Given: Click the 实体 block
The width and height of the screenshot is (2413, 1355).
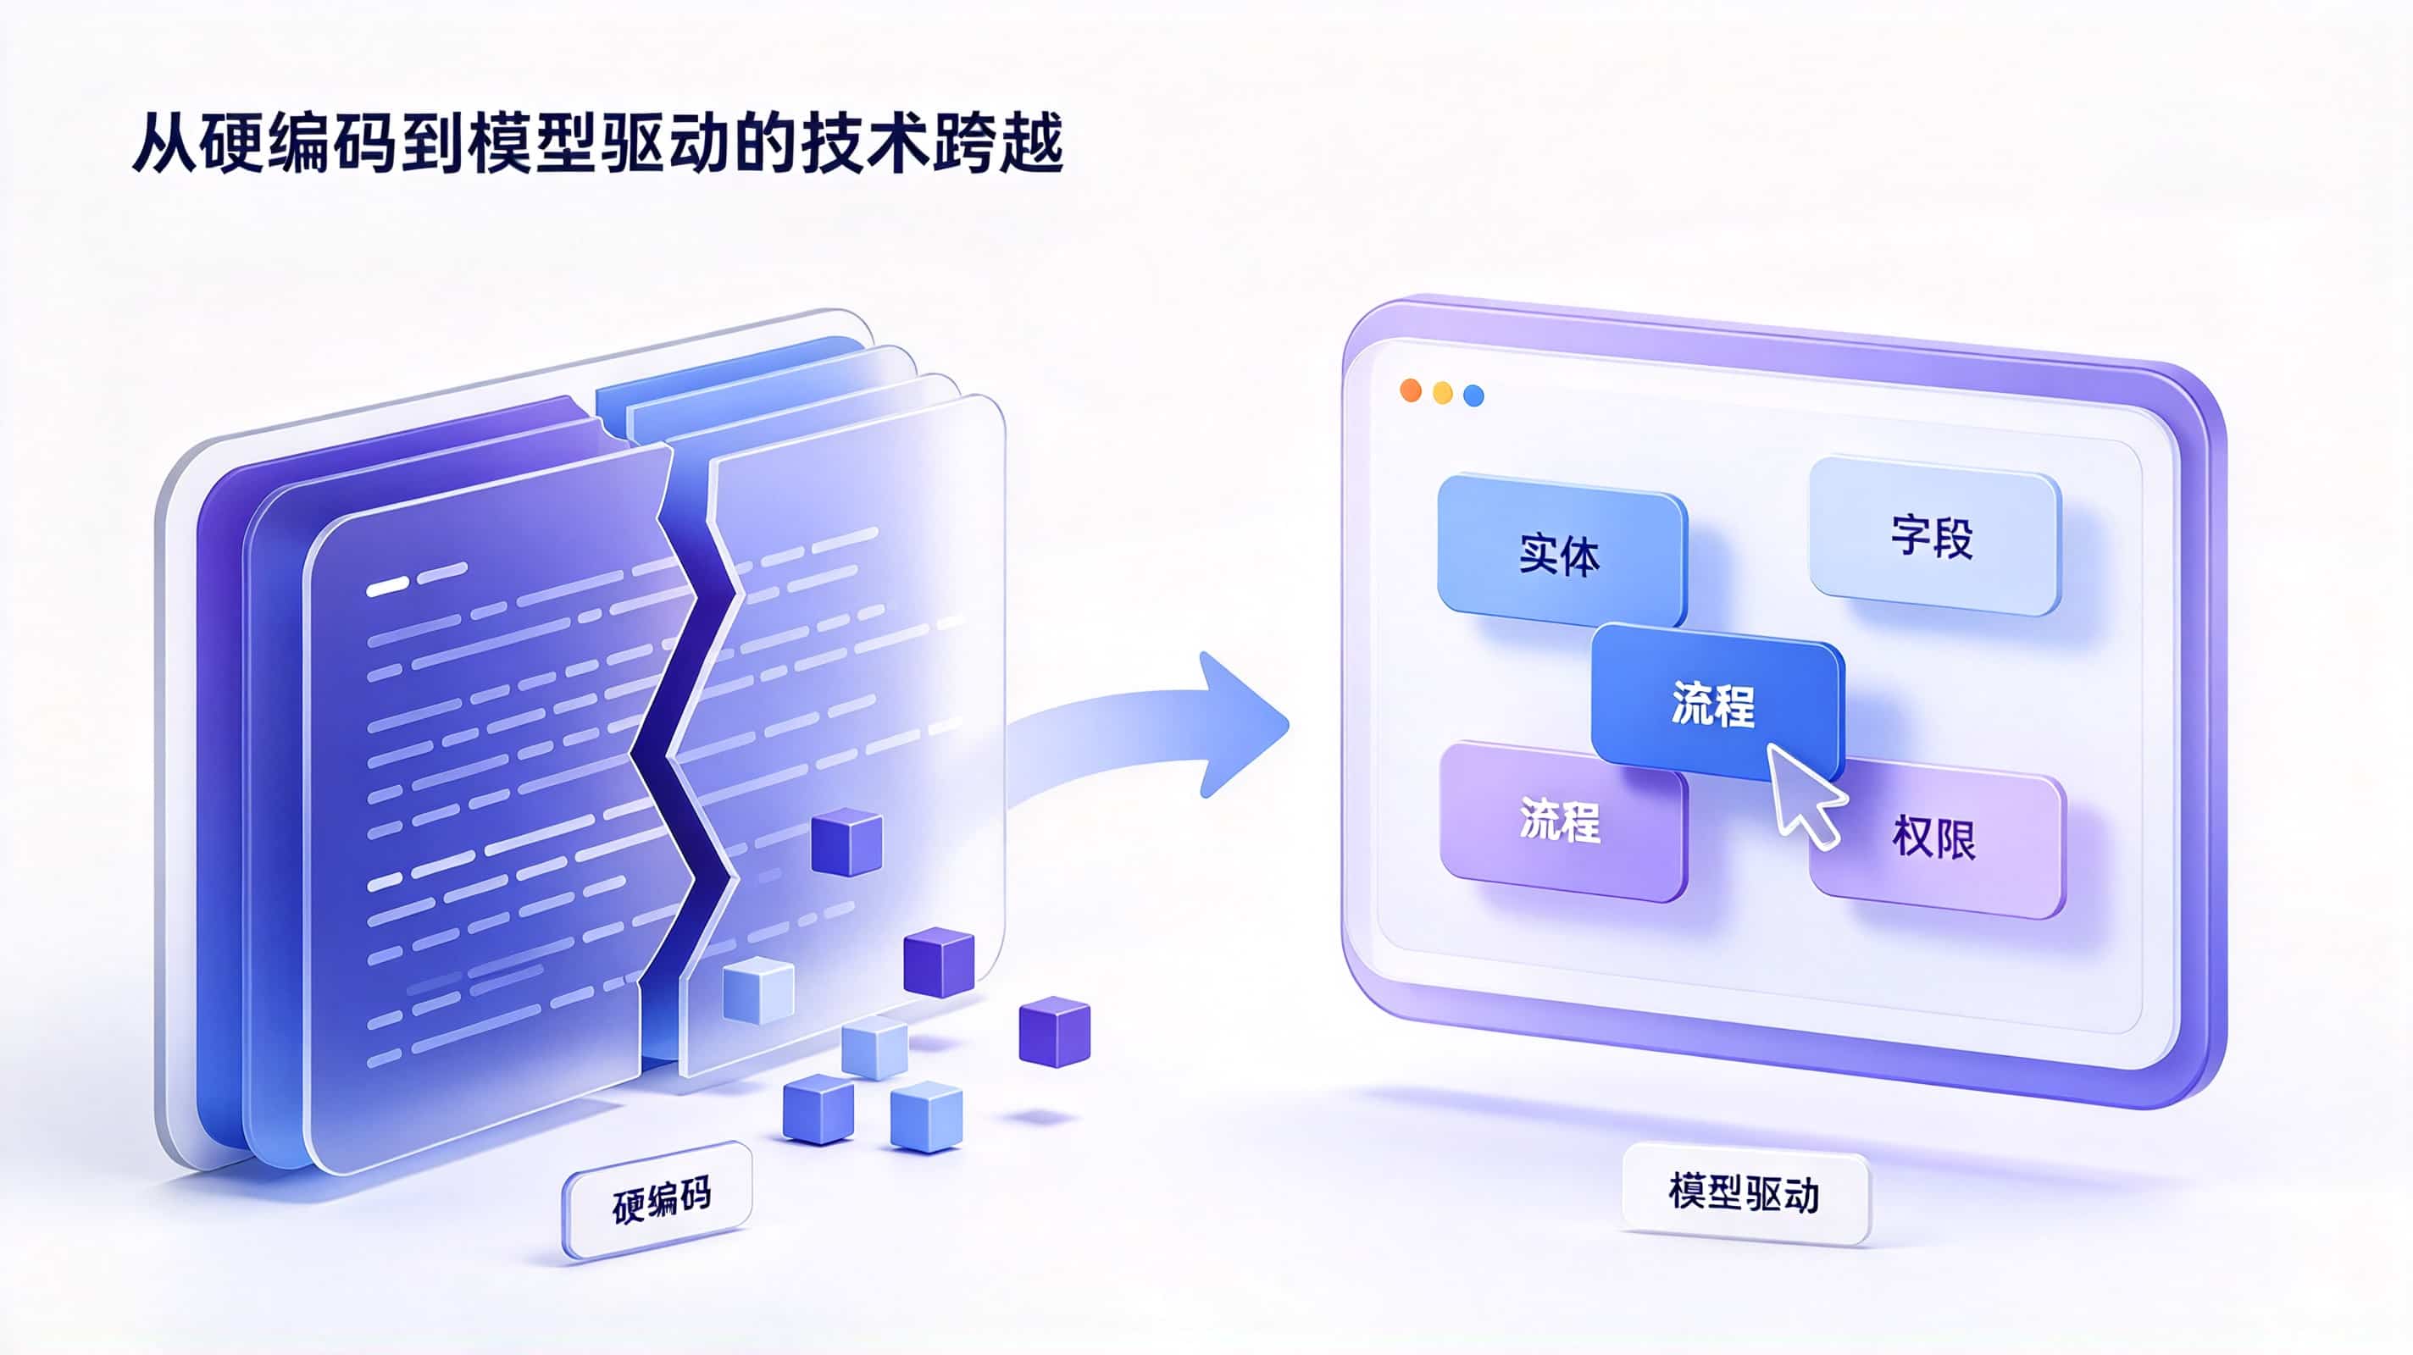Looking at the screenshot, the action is point(1562,551).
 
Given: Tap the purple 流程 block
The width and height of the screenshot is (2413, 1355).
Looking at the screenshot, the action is point(1562,821).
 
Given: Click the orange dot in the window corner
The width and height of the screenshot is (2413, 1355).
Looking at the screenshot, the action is point(1411,390).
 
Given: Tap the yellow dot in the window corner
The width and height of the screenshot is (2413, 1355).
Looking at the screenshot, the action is point(1443,392).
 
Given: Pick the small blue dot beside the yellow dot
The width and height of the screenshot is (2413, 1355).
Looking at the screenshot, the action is point(1473,395).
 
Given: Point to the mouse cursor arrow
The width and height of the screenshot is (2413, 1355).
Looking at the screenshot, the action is point(1803,794).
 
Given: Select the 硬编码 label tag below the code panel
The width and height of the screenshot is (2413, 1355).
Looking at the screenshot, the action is point(657,1201).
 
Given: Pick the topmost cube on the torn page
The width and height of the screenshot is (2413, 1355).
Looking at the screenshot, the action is point(846,842).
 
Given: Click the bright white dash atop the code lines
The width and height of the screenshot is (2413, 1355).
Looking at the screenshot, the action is point(388,587).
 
